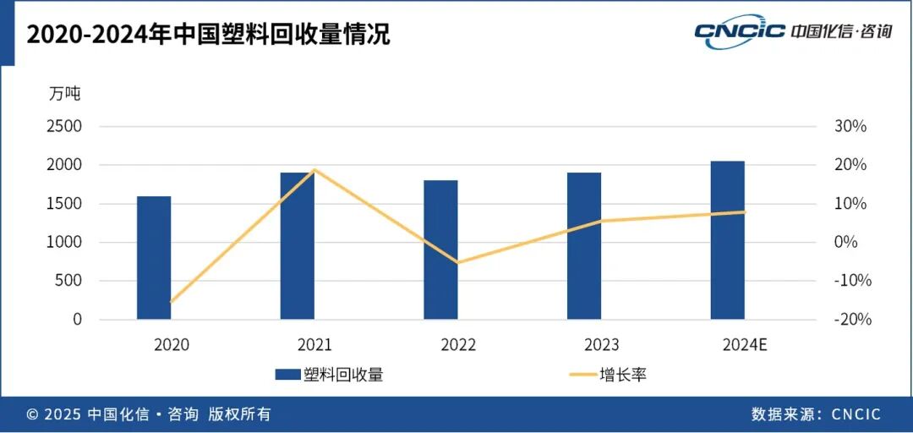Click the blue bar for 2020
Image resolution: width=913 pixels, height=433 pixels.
point(154,258)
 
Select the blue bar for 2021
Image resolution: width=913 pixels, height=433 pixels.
point(297,246)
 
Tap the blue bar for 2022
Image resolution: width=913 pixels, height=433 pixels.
point(440,249)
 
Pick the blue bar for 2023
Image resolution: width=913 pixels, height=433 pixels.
point(584,246)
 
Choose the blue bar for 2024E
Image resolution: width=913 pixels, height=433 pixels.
point(727,240)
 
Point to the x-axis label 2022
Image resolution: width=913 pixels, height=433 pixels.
point(458,345)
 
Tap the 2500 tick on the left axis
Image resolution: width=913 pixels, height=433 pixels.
point(64,126)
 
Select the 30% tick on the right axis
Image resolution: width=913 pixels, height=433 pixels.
point(851,126)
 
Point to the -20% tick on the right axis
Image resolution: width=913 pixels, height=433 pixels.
point(853,320)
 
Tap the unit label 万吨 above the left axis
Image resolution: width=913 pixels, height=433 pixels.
point(65,94)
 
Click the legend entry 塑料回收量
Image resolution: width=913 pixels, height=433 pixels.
point(329,374)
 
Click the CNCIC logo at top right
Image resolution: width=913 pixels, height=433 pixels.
point(793,32)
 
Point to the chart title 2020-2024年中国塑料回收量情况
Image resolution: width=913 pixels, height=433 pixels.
point(208,35)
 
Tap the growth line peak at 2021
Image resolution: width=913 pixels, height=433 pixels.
point(314,170)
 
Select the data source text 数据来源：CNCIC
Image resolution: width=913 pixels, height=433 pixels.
point(816,414)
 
